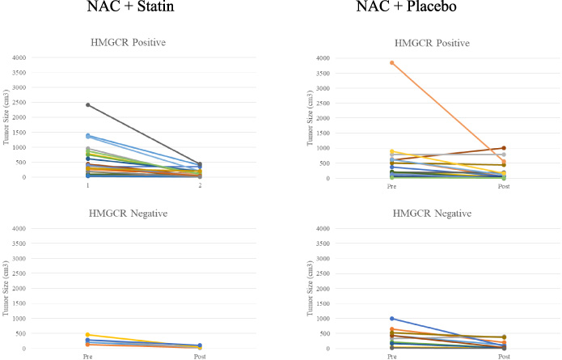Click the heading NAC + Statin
pyautogui.click(x=130, y=6)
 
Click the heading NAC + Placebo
pyautogui.click(x=406, y=6)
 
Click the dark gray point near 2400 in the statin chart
pyautogui.click(x=88, y=104)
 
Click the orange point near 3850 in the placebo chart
pyautogui.click(x=391, y=63)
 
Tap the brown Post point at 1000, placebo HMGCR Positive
pyautogui.click(x=504, y=148)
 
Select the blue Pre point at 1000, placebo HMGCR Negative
pyautogui.click(x=391, y=319)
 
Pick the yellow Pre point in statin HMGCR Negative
pyautogui.click(x=88, y=335)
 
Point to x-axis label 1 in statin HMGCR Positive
pyautogui.click(x=88, y=185)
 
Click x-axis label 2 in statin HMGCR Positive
pyautogui.click(x=200, y=185)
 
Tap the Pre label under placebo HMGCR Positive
pyautogui.click(x=391, y=186)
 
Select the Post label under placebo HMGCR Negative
pyautogui.click(x=504, y=357)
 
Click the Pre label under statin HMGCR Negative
pyautogui.click(x=88, y=357)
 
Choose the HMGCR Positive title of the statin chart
pyautogui.click(x=128, y=42)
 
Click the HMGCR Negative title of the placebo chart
pyautogui.click(x=432, y=214)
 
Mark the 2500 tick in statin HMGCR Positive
pyautogui.click(x=19, y=102)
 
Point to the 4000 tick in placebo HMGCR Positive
pyautogui.click(x=323, y=58)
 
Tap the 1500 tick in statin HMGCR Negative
pyautogui.click(x=19, y=303)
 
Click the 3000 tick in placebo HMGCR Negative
pyautogui.click(x=323, y=259)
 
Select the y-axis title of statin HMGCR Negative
pyautogui.click(x=6, y=288)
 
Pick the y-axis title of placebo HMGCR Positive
pyautogui.click(x=310, y=118)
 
